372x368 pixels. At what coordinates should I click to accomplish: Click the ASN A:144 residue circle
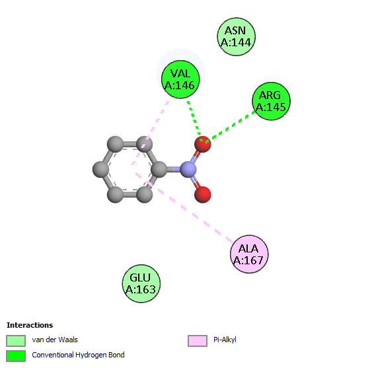click(237, 37)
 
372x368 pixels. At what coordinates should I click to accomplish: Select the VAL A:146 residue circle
click(180, 79)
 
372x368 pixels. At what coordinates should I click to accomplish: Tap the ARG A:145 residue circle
click(271, 101)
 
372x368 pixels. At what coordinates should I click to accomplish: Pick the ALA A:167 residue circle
click(249, 254)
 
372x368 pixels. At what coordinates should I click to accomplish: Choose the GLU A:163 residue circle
click(141, 283)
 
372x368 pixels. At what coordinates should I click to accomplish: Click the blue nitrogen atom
click(188, 169)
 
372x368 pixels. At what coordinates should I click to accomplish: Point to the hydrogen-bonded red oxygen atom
click(202, 144)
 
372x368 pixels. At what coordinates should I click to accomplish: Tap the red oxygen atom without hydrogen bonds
click(203, 194)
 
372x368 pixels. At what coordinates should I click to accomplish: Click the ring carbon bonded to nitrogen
click(159, 169)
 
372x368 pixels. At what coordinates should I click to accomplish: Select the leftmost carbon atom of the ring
click(101, 169)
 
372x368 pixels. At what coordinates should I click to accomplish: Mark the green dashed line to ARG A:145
click(231, 127)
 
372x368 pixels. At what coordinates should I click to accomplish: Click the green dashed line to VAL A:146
click(194, 121)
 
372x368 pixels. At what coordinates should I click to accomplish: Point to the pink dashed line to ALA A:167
click(184, 207)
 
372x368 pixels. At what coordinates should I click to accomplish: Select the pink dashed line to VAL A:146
click(150, 132)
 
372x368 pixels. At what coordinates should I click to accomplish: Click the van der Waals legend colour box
click(16, 341)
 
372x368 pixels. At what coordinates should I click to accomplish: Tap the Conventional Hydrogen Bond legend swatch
click(16, 356)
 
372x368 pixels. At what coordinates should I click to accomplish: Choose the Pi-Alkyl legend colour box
click(198, 341)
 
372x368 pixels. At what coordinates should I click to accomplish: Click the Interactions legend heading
click(30, 325)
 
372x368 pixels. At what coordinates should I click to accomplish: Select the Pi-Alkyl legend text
click(225, 340)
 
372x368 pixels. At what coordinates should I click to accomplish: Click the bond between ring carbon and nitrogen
click(173, 169)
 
